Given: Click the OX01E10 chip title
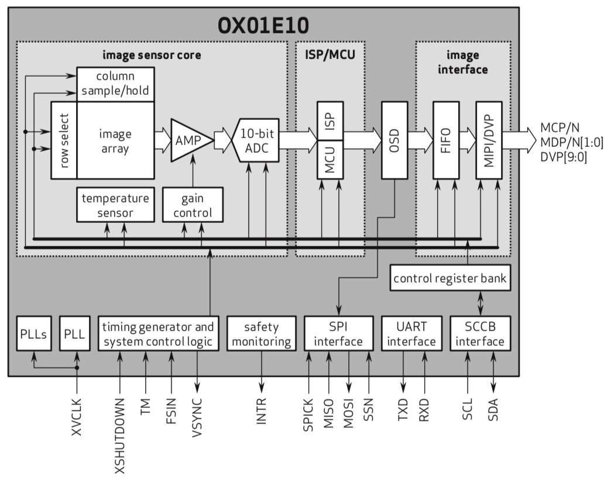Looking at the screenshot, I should pyautogui.click(x=263, y=25).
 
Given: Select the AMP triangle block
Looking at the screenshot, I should pyautogui.click(x=188, y=140).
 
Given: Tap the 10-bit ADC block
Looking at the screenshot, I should pyautogui.click(x=255, y=140).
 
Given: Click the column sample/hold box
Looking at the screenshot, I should pyautogui.click(x=115, y=84).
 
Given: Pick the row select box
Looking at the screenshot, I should pyautogui.click(x=64, y=140).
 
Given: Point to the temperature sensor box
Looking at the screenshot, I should pyautogui.click(x=115, y=205).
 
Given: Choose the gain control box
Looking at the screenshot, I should pyautogui.click(x=193, y=205).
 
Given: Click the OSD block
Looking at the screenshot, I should pyautogui.click(x=394, y=140).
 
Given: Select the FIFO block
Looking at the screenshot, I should pyautogui.click(x=445, y=140).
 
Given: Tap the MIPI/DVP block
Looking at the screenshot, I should pyautogui.click(x=489, y=140).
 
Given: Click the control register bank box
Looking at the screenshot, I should pyautogui.click(x=450, y=278).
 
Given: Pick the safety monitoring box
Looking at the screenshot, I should pyautogui.click(x=261, y=333).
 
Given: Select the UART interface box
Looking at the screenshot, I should pyautogui.click(x=411, y=333).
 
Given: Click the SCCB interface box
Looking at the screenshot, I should pyautogui.click(x=480, y=333).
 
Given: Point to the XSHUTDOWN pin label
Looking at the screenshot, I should pyautogui.click(x=119, y=435).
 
